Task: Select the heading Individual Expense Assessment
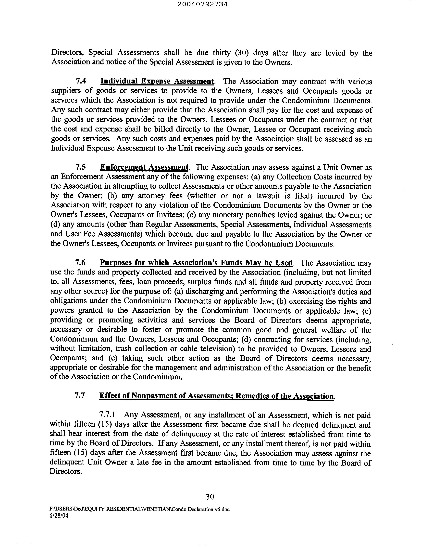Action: [157, 81]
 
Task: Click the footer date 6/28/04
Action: [59, 516]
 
